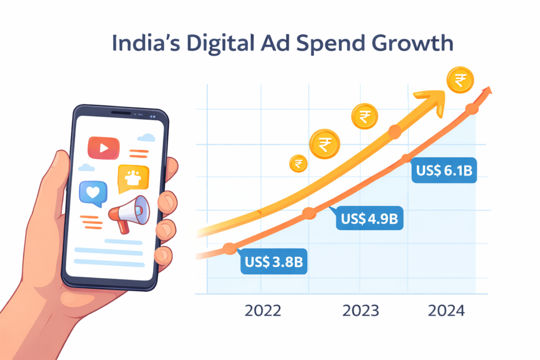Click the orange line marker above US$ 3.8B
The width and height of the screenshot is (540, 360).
(x=229, y=248)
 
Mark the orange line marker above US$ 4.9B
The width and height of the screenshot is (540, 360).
(x=310, y=213)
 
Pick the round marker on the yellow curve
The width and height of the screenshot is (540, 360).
(x=394, y=132)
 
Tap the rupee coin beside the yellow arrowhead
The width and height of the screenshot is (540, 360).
(x=460, y=81)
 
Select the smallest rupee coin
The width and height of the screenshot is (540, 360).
(x=298, y=164)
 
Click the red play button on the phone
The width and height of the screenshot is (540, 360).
(x=103, y=148)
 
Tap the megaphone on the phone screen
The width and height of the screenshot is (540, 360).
(x=128, y=213)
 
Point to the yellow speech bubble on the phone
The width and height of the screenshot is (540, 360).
(x=133, y=178)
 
